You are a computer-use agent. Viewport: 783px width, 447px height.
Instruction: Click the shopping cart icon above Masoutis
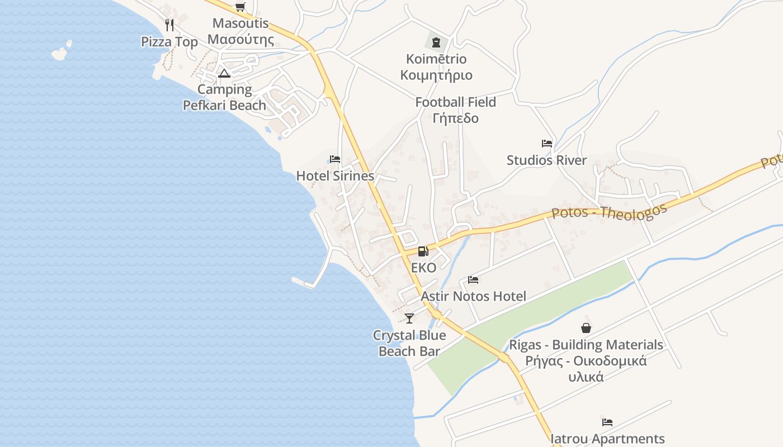pyautogui.click(x=240, y=7)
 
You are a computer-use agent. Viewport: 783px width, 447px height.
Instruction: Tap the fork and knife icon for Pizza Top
pyautogui.click(x=170, y=25)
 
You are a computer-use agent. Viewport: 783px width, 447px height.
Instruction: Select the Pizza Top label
pyautogui.click(x=169, y=42)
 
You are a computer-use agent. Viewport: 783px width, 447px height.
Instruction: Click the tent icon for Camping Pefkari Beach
pyautogui.click(x=224, y=73)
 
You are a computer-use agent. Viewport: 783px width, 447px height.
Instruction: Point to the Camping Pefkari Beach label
pyautogui.click(x=224, y=97)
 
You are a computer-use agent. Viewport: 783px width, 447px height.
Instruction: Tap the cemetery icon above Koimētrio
pyautogui.click(x=436, y=42)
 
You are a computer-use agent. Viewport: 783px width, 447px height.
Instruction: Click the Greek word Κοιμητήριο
pyautogui.click(x=436, y=75)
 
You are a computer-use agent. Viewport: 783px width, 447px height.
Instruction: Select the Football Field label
pyautogui.click(x=455, y=102)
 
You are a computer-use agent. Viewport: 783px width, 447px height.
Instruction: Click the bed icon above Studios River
pyautogui.click(x=547, y=144)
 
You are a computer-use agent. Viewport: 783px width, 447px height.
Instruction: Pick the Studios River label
pyautogui.click(x=546, y=160)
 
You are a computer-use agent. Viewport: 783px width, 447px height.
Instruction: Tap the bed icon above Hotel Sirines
pyautogui.click(x=335, y=159)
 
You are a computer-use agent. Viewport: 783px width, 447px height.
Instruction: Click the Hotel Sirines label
pyautogui.click(x=335, y=176)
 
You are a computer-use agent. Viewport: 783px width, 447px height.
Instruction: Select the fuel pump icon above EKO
pyautogui.click(x=423, y=251)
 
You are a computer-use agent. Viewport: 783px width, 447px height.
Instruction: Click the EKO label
pyautogui.click(x=423, y=268)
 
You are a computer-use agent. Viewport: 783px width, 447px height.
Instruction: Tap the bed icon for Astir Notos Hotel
pyautogui.click(x=473, y=280)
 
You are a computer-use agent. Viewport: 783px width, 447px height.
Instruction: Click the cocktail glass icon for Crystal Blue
pyautogui.click(x=409, y=318)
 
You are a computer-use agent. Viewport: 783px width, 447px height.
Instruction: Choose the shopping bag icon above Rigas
pyautogui.click(x=586, y=328)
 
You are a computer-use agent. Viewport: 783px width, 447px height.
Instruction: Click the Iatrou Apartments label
pyautogui.click(x=607, y=439)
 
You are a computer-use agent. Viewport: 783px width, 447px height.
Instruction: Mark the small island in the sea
pyautogui.click(x=60, y=53)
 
